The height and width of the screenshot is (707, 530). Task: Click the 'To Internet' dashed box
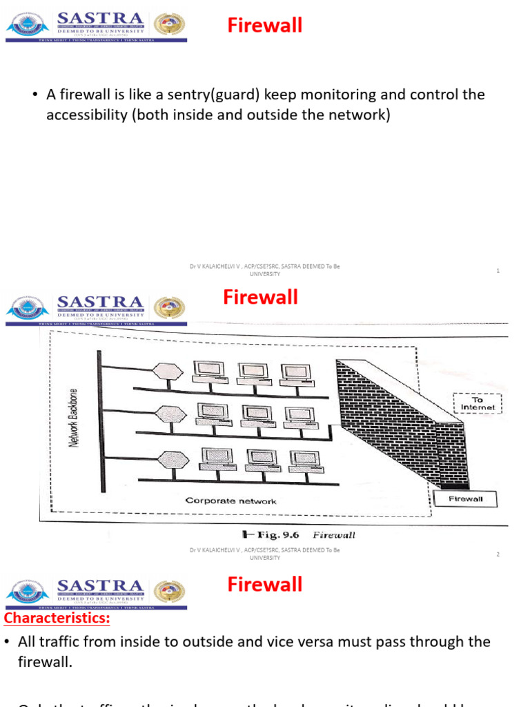pyautogui.click(x=478, y=403)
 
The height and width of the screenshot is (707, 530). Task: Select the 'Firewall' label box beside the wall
pyautogui.click(x=466, y=498)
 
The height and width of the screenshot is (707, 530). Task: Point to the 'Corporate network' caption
pyautogui.click(x=231, y=501)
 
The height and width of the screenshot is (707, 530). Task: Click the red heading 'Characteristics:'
pyautogui.click(x=57, y=618)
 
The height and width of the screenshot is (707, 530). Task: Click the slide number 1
pyautogui.click(x=498, y=271)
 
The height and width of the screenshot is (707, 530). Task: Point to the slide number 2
pyautogui.click(x=498, y=554)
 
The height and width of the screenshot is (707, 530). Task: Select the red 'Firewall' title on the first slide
pyautogui.click(x=265, y=26)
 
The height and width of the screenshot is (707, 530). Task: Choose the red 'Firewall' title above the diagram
pyautogui.click(x=260, y=298)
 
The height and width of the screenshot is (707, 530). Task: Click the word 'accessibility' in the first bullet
pyautogui.click(x=86, y=115)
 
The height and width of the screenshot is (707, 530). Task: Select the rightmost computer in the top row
pyautogui.click(x=294, y=373)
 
